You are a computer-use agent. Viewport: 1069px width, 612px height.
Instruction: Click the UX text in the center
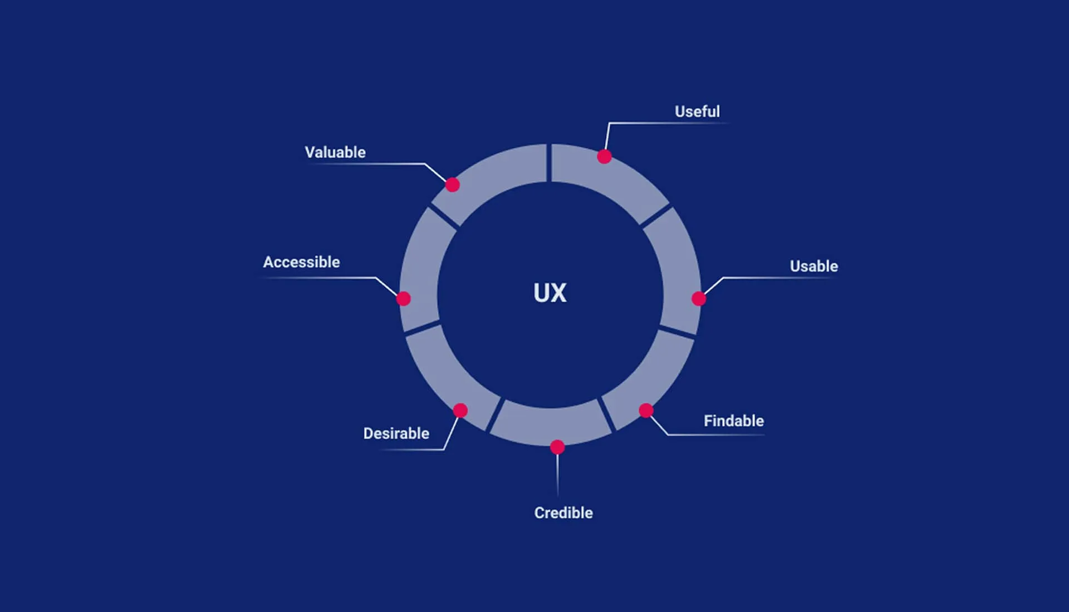click(550, 293)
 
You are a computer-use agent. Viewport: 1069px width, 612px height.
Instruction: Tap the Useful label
click(697, 111)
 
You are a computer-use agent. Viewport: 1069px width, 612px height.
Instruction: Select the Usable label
click(813, 266)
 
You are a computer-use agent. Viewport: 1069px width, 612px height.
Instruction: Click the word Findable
click(733, 421)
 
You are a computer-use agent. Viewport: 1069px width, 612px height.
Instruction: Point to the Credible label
click(563, 513)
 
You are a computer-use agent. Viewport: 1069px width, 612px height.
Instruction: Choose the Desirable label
click(396, 433)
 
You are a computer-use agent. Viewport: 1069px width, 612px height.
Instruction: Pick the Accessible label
click(301, 262)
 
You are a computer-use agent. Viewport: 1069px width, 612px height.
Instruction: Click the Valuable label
click(335, 152)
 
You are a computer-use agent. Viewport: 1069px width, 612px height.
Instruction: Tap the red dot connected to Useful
click(604, 157)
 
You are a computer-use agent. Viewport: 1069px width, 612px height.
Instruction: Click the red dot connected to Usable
click(699, 299)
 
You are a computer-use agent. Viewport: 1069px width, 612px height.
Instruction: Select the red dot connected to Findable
click(646, 411)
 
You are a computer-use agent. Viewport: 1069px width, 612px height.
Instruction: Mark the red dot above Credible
click(557, 447)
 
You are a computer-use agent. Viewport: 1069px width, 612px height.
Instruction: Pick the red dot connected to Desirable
click(460, 411)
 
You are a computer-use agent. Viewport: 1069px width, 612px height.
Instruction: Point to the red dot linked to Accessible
click(403, 299)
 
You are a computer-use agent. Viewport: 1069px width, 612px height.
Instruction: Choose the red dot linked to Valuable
click(453, 185)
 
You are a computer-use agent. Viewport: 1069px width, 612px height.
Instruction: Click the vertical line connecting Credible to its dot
click(557, 474)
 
